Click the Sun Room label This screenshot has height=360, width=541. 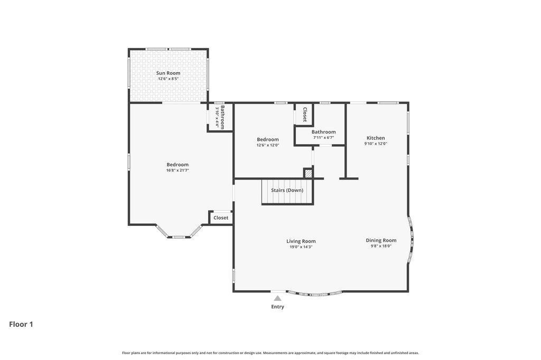[x=168, y=73]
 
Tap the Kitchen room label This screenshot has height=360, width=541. [x=376, y=138]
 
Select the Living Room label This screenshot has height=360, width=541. [x=301, y=241]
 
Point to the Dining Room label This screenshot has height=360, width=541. [x=381, y=240]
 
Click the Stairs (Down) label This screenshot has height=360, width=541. [x=287, y=191]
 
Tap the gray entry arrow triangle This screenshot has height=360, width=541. [x=277, y=298]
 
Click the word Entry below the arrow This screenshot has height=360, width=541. [x=277, y=307]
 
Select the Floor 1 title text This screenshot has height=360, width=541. [x=21, y=324]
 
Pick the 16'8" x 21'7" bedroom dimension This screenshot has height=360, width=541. [x=178, y=170]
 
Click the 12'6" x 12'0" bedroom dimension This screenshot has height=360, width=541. [x=268, y=145]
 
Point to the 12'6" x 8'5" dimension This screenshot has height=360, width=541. [x=168, y=79]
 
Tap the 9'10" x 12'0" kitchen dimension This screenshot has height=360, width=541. [x=376, y=144]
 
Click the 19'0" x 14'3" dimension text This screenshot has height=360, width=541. [x=301, y=247]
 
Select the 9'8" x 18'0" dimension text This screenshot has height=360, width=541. [x=381, y=246]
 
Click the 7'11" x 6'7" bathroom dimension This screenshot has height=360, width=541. [x=324, y=138]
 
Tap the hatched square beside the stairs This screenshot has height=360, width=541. [x=308, y=173]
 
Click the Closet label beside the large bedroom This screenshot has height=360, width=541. [x=221, y=218]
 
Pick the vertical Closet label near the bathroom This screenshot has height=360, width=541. [x=305, y=115]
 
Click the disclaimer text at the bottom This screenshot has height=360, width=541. [x=270, y=353]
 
